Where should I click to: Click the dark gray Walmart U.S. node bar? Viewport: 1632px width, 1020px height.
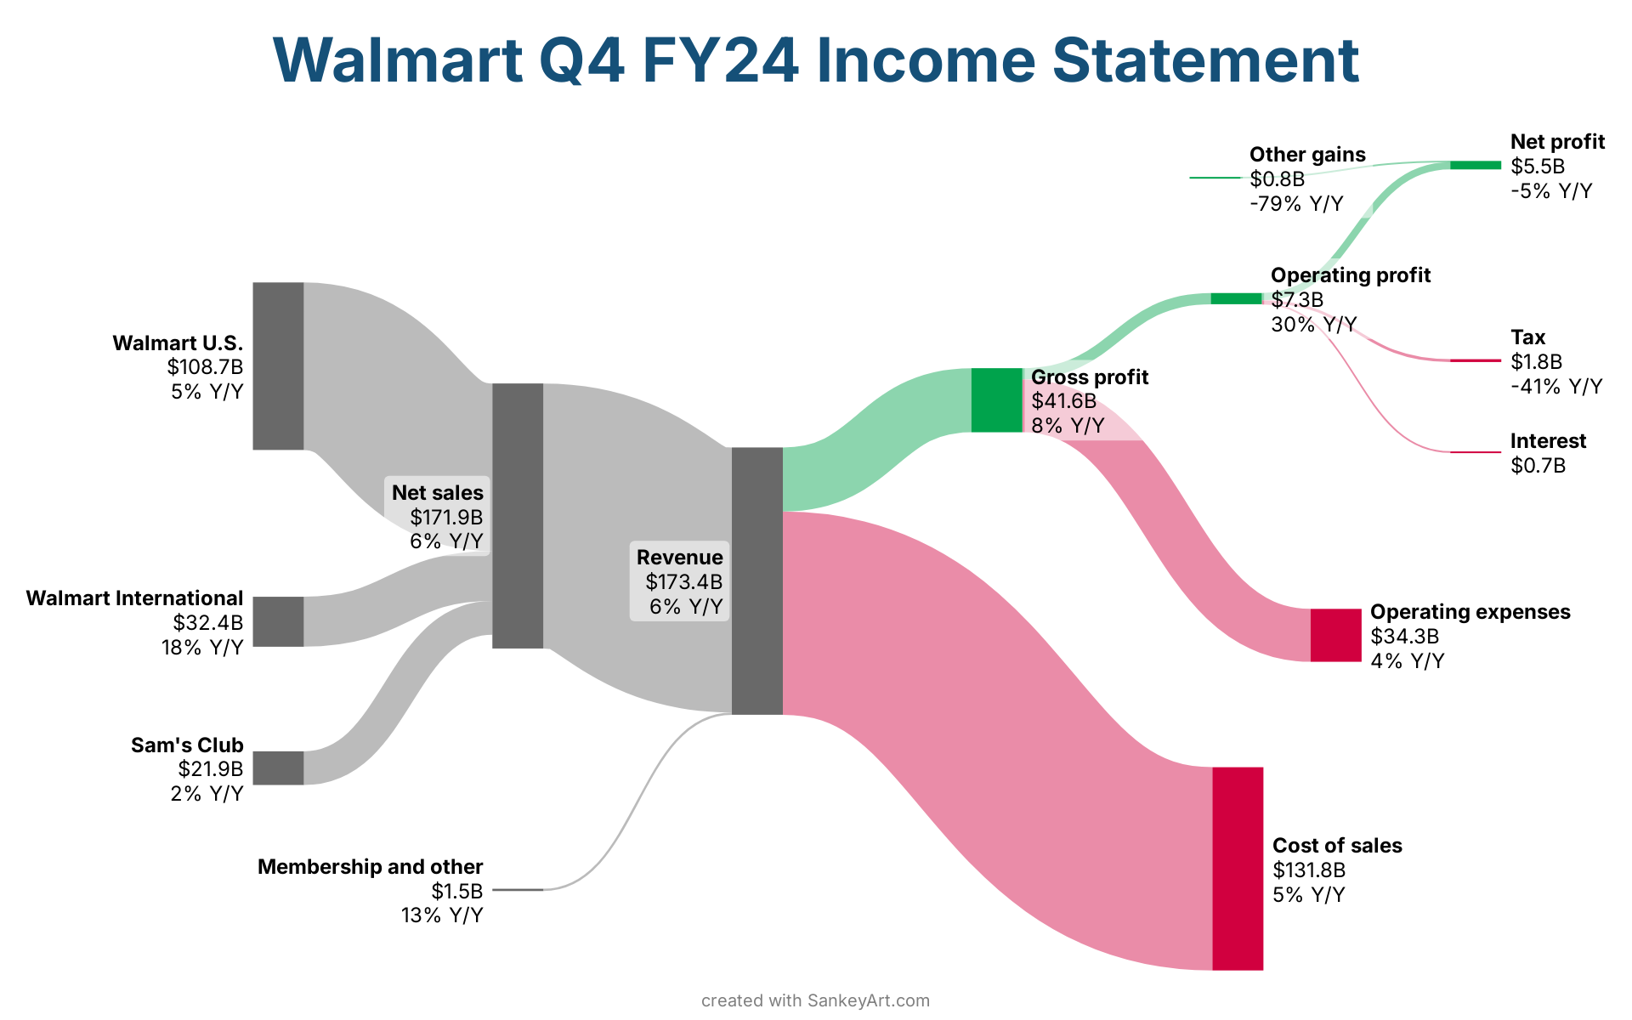(x=278, y=365)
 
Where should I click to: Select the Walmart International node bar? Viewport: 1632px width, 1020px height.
(x=278, y=621)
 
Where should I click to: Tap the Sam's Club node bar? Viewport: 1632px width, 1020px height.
(x=278, y=768)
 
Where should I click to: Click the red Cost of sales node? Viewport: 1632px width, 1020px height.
(x=1238, y=868)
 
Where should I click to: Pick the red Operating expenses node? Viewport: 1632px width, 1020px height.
(x=1335, y=635)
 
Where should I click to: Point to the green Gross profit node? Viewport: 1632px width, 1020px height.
(x=996, y=400)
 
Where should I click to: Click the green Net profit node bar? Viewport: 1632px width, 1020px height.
(x=1476, y=165)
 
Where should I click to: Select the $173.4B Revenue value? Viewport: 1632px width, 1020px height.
(x=683, y=581)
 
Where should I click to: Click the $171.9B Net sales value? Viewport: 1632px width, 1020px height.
(x=445, y=517)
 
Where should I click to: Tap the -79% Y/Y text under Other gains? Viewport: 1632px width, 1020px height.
(x=1296, y=204)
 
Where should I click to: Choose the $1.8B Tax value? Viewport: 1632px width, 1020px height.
(x=1536, y=362)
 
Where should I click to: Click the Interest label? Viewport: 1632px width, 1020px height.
(x=1548, y=441)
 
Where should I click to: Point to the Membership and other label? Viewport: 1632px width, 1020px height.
(x=370, y=867)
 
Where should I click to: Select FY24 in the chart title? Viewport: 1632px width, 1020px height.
(x=721, y=59)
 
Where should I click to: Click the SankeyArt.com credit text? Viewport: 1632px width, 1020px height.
(x=868, y=1000)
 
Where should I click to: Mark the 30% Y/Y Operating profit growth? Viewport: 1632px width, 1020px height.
(x=1313, y=325)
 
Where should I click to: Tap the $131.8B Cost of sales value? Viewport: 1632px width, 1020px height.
(x=1309, y=870)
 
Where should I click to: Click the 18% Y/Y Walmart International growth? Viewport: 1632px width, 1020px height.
(x=202, y=648)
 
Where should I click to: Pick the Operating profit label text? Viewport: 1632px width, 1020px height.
(x=1350, y=275)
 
